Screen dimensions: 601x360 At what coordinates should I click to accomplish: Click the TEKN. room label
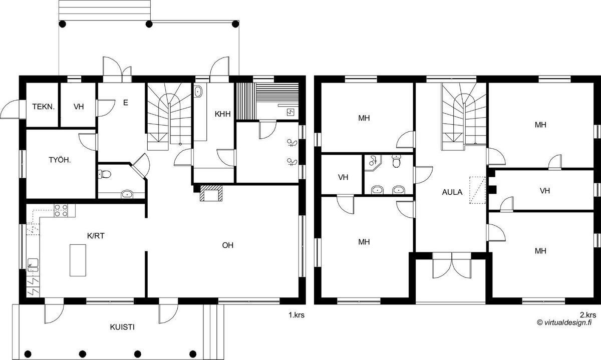(x=44, y=107)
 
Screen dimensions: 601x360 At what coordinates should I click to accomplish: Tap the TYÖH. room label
(x=60, y=160)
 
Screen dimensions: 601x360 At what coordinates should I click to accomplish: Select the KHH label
(x=223, y=114)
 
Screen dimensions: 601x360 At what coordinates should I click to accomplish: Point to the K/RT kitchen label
(x=96, y=236)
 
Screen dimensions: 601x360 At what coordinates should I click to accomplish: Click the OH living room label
(x=228, y=245)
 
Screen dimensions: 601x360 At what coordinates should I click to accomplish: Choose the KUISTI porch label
(x=122, y=327)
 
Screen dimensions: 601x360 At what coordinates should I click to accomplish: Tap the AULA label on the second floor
(x=452, y=192)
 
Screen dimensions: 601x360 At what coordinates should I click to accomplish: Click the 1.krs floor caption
(x=296, y=315)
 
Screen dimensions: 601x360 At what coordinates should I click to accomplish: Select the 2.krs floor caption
(x=588, y=315)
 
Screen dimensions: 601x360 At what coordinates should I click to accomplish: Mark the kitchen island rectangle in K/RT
(x=78, y=260)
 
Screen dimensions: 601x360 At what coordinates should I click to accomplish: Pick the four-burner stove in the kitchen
(x=61, y=211)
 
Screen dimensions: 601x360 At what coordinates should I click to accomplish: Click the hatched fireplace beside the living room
(x=211, y=193)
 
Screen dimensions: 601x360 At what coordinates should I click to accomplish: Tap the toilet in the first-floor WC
(x=104, y=174)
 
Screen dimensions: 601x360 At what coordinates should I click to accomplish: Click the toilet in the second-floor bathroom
(x=396, y=161)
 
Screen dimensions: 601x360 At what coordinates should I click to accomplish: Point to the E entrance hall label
(x=125, y=103)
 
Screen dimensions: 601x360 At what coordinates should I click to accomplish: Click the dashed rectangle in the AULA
(x=477, y=190)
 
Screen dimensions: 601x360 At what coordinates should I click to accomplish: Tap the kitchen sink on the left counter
(x=33, y=265)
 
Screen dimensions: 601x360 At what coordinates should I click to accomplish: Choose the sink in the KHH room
(x=198, y=92)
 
